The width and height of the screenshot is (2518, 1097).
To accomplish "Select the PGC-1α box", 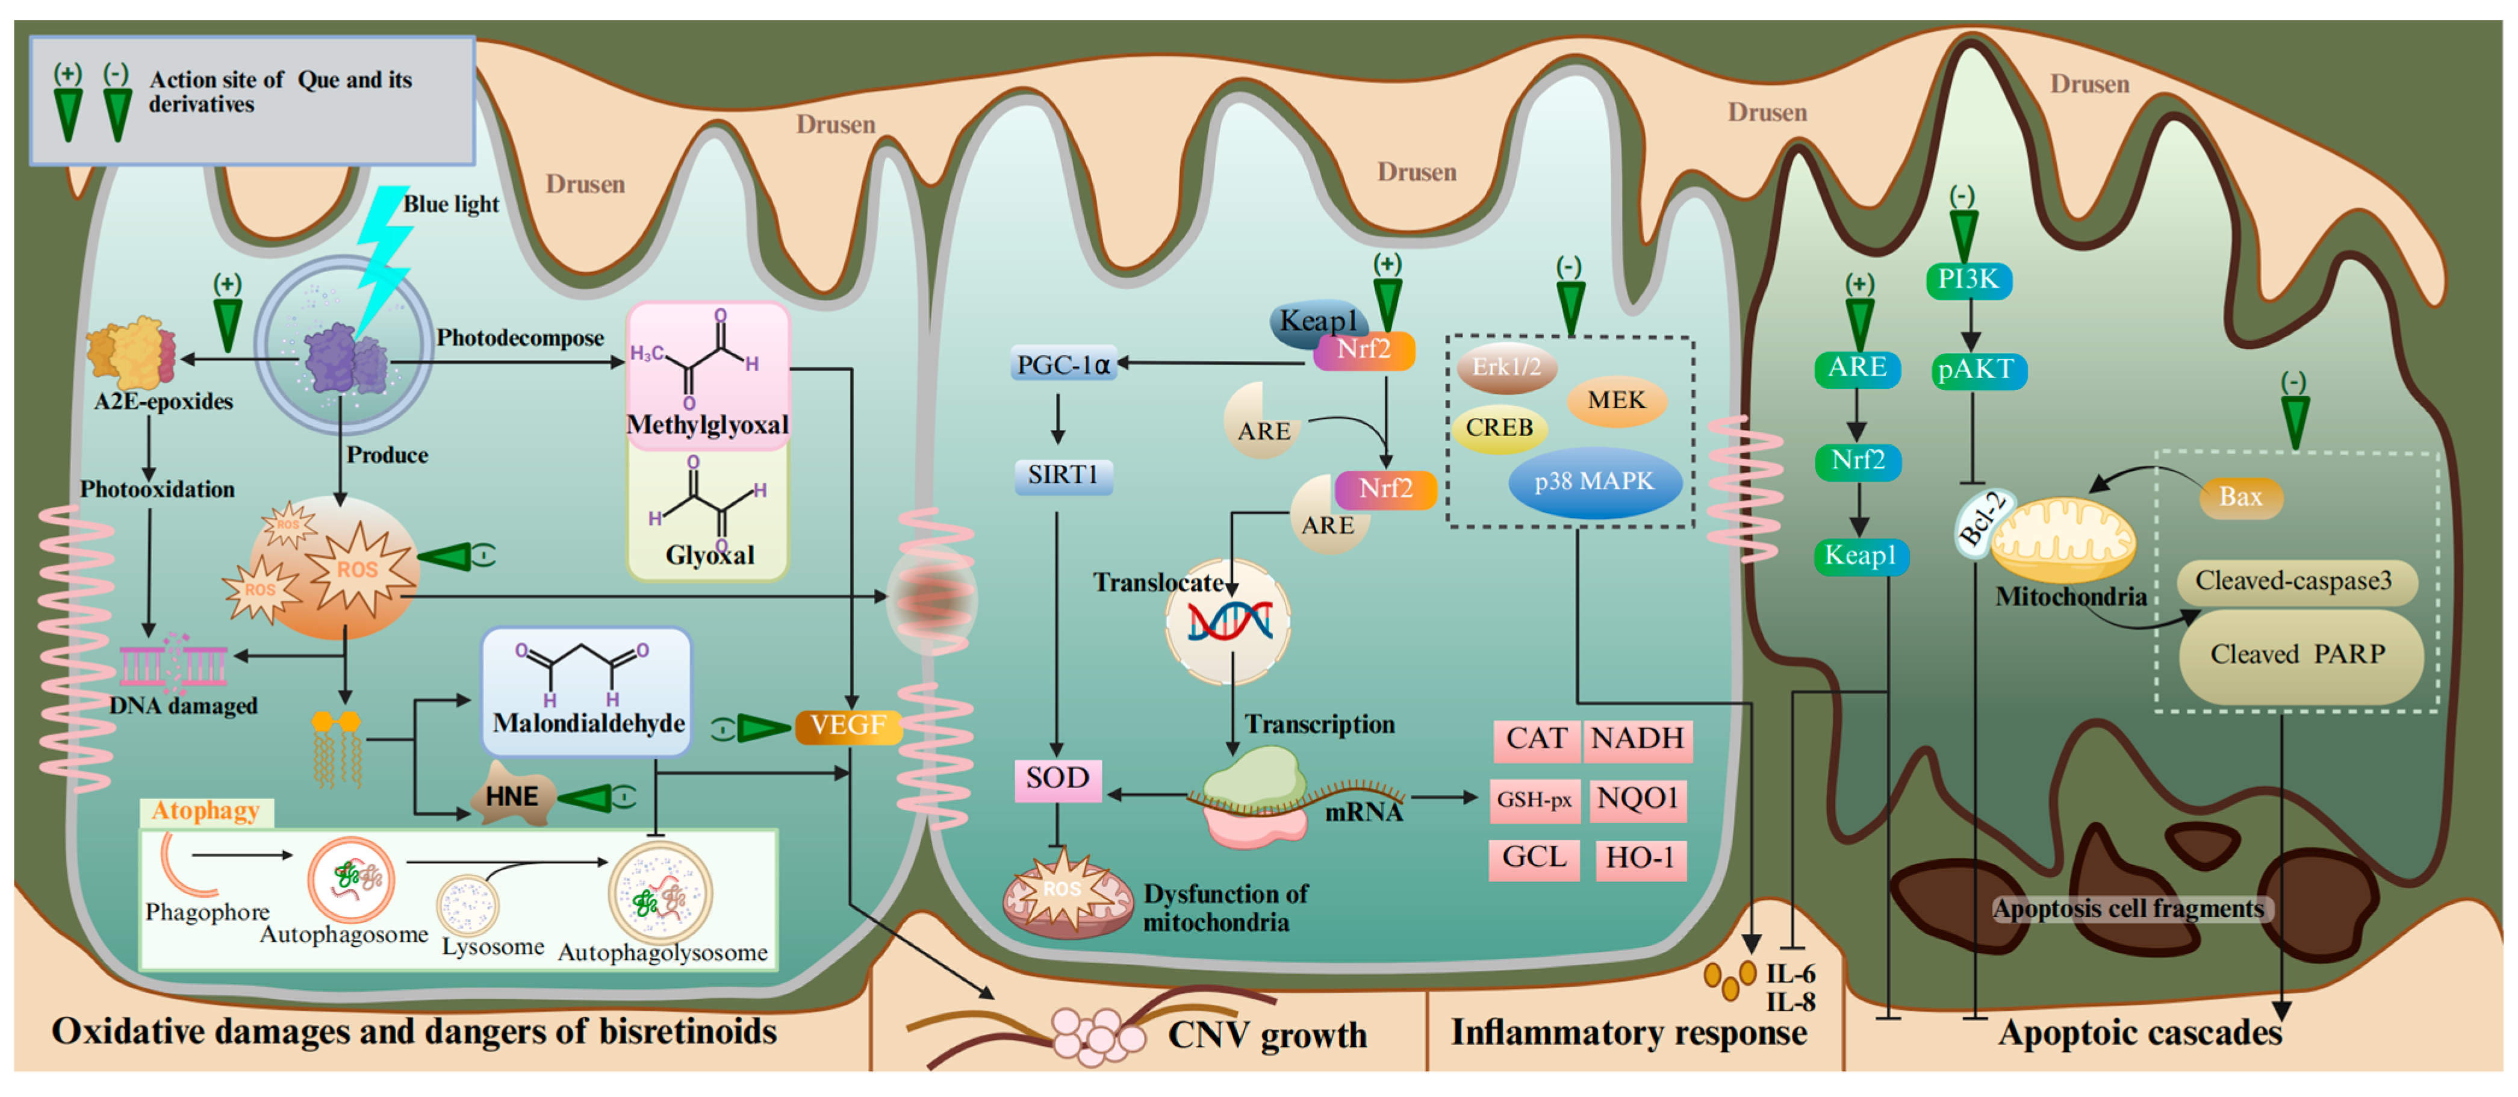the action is point(1063,365).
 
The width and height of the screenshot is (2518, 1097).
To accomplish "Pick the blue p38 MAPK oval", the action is point(1594,482).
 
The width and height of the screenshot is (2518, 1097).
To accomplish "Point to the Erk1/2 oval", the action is point(1506,368).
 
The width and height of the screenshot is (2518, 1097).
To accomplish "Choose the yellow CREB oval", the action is point(1499,428).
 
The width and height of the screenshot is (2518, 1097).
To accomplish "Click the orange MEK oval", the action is point(1616,401).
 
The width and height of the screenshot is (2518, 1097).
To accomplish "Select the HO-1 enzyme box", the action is point(1640,859).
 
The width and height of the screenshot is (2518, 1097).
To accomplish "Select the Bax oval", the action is point(2240,498).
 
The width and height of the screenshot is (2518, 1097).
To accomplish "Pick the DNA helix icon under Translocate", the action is point(1229,622).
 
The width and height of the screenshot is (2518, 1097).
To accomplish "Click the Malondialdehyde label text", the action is point(588,724).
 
